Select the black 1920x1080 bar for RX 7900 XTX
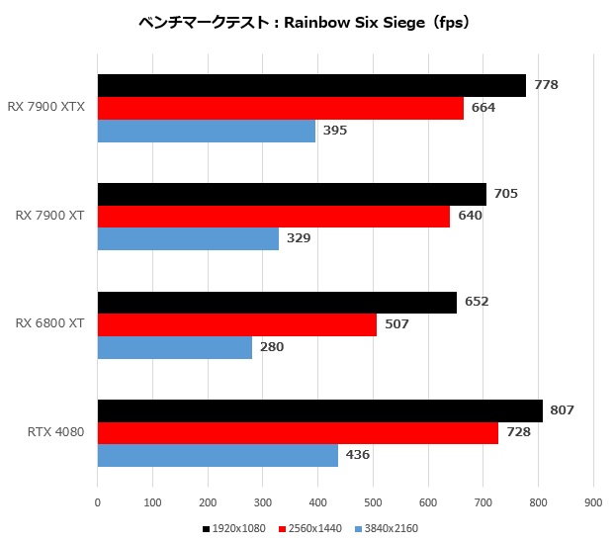pos(311,85)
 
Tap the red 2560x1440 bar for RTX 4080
pos(298,432)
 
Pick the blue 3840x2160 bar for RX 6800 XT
pos(175,347)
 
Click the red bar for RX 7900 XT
pos(274,217)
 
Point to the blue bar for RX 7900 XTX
pos(207,131)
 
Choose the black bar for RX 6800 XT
pos(277,303)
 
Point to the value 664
pos(482,108)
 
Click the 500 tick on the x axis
pos(373,502)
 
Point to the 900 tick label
pos(593,502)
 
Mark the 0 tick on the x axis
pos(97,502)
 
